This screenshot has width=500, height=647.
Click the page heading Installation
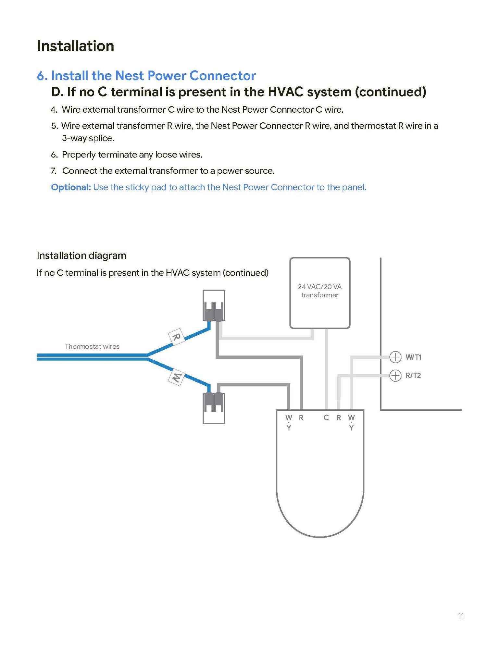75,46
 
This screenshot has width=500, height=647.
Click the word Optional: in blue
71,187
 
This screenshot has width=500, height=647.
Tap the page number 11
461,616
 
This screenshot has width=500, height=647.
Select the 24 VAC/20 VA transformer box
319,292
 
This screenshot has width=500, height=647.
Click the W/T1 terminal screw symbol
395,357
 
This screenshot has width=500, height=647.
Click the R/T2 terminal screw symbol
395,376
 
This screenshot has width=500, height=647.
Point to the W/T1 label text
413,357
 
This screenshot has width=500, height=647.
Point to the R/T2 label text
413,376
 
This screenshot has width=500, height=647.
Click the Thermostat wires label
92,346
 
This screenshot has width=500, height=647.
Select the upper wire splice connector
214,305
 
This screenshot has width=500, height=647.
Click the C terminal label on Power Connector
326,417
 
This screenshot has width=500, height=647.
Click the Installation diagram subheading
81,255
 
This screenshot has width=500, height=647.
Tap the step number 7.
54,171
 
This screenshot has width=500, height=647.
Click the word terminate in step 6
118,155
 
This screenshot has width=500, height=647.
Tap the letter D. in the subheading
57,92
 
